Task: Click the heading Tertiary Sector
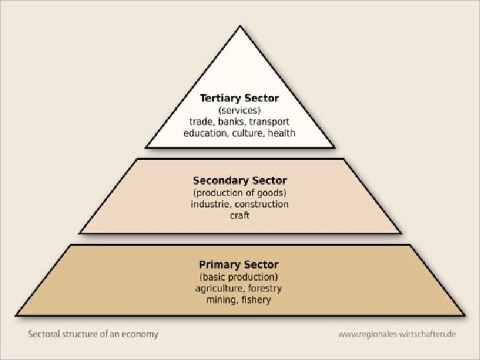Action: [239, 98]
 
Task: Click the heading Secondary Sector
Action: [239, 181]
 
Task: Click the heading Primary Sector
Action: [239, 265]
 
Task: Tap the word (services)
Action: [239, 110]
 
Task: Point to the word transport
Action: [269, 121]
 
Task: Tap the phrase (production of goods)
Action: [239, 193]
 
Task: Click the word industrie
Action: [210, 204]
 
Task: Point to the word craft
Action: [239, 215]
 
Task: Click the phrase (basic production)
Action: [239, 277]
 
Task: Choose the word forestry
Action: [264, 288]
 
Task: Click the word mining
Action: [221, 300]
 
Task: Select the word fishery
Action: [257, 300]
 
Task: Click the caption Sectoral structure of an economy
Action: [93, 333]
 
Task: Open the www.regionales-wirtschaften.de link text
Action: [397, 333]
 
